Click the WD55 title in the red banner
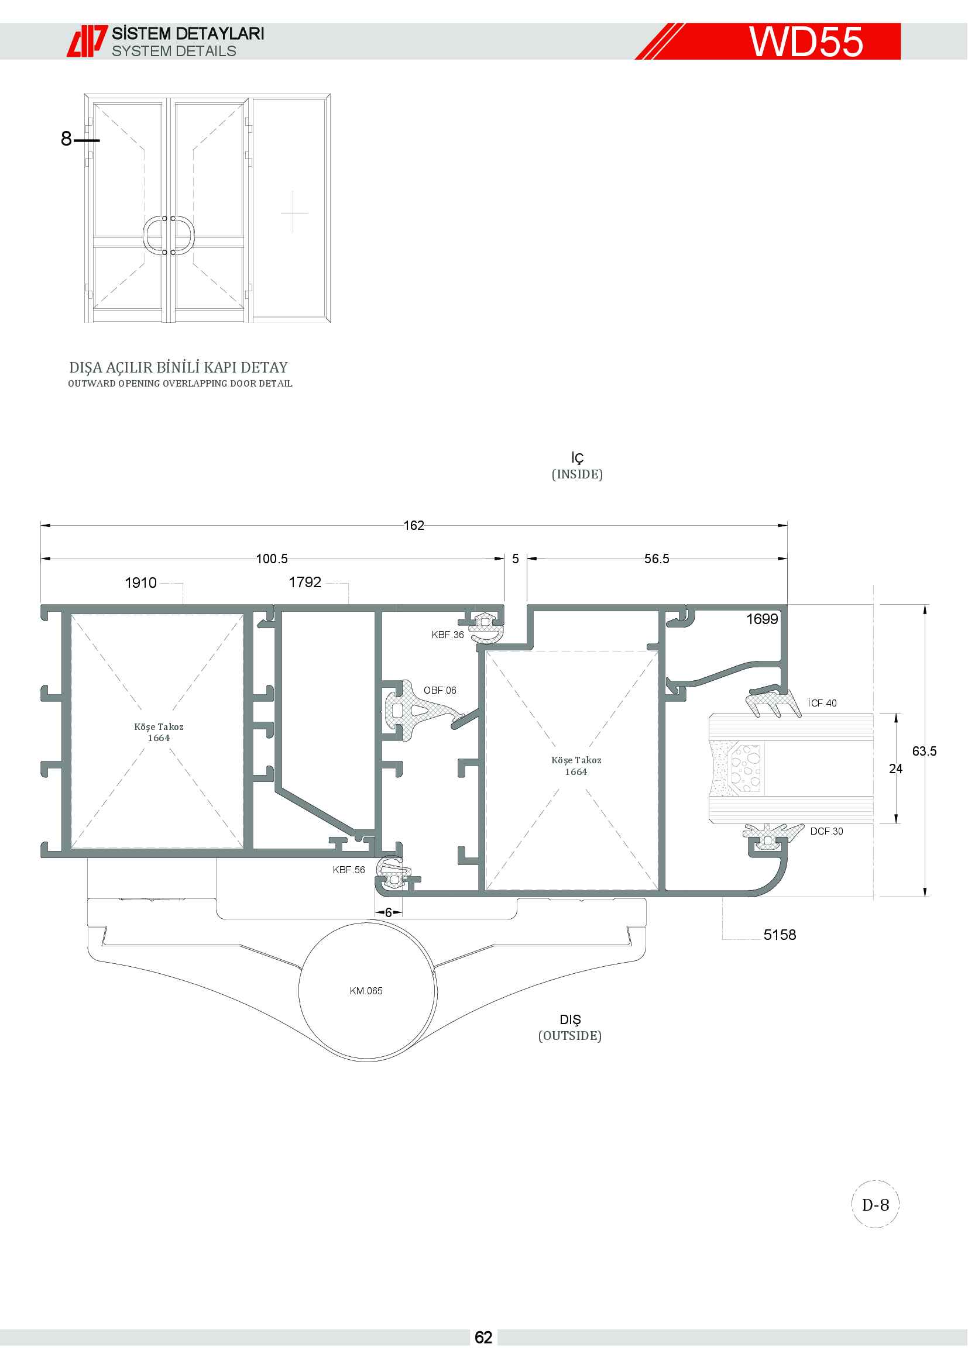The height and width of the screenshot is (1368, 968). coord(806,42)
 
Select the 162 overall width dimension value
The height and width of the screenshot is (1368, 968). coord(414,526)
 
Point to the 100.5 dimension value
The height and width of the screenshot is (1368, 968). coord(272,559)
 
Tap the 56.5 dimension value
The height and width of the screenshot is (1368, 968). coord(656,559)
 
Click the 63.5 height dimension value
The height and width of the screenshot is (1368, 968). coord(924,752)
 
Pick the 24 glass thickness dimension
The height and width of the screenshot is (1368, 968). coord(895,769)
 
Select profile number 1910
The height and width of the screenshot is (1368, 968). coord(140,583)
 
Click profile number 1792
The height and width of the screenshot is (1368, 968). coord(304,582)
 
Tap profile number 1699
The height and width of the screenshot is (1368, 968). coord(763,619)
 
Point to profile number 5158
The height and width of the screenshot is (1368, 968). coord(780,935)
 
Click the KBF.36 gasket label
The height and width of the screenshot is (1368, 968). coord(448,635)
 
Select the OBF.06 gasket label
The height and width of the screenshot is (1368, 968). coord(440,691)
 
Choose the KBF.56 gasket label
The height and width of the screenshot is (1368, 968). coord(349,870)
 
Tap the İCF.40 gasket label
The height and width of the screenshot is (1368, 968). coord(822,703)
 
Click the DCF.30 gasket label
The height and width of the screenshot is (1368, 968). coord(827,831)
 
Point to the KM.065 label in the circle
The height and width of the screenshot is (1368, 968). coord(366,991)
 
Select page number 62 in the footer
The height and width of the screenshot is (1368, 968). coord(483,1338)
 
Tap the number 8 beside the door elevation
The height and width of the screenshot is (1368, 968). coord(66,139)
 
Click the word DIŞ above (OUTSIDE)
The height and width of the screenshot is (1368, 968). coord(570,1019)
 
